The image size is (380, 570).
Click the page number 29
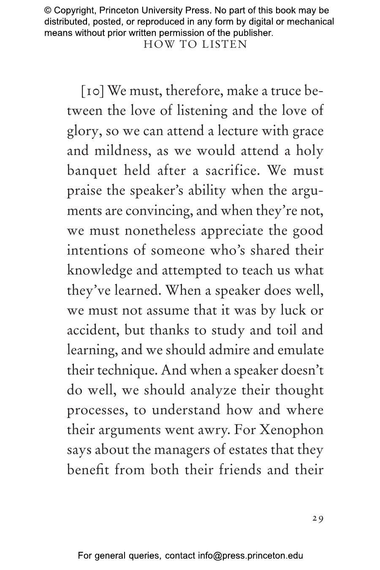(318, 518)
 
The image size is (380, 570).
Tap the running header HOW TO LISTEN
(195, 44)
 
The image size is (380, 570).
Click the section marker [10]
(92, 91)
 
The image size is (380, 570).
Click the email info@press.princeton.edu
(250, 556)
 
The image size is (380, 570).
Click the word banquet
(92, 171)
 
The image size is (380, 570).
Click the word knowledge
(99, 270)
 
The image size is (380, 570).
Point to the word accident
(92, 330)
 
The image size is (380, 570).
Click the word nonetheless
(160, 231)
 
